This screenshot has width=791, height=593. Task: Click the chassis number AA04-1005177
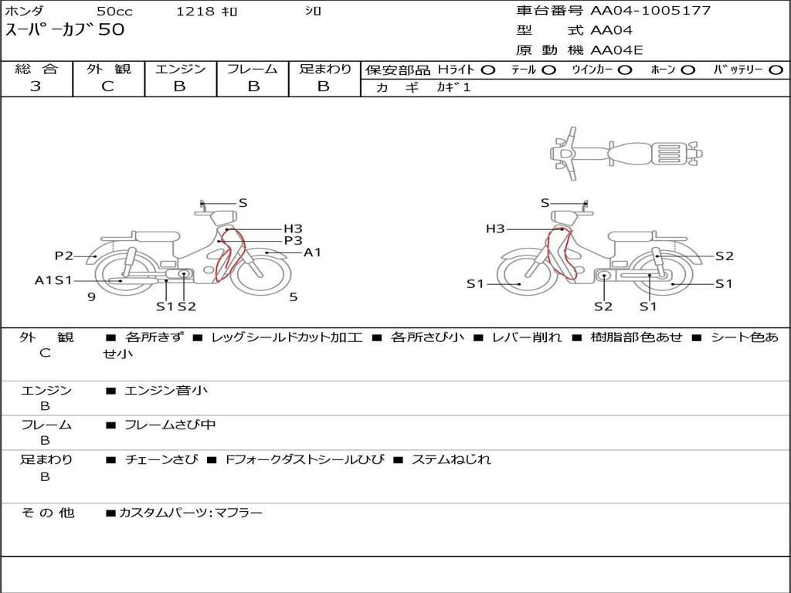[x=650, y=10]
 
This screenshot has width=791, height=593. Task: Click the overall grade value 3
[x=36, y=86]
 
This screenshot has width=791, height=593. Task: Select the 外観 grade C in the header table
[x=108, y=86]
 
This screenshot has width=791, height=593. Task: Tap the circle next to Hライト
[x=488, y=70]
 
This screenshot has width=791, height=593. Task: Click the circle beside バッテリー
[x=776, y=70]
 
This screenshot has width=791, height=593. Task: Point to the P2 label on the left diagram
[x=63, y=256]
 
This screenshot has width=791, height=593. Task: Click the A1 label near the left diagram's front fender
[x=312, y=252]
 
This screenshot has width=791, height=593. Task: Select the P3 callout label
[x=293, y=241]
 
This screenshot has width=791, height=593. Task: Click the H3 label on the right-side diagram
[x=495, y=229]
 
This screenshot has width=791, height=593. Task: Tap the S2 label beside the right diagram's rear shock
[x=725, y=256]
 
